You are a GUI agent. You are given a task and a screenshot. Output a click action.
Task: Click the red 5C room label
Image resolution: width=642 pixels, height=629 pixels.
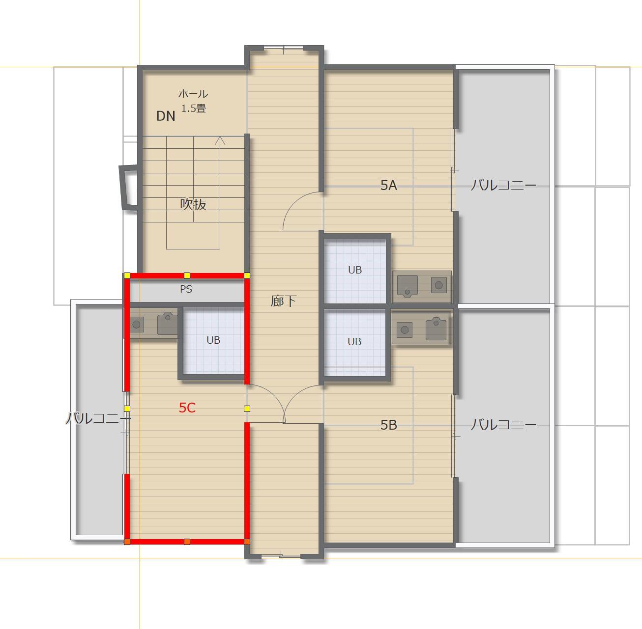tap(187, 408)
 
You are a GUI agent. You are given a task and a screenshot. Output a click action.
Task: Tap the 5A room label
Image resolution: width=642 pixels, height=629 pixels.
tap(389, 186)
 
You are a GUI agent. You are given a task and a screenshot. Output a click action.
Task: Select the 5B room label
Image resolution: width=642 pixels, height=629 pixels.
tap(389, 425)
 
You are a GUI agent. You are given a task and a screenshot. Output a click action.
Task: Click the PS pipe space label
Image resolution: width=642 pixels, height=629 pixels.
tap(186, 289)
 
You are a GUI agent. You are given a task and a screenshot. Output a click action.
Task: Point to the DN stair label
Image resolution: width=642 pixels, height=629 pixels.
tap(166, 116)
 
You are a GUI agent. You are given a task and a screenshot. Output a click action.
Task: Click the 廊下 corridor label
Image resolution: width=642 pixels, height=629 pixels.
tap(283, 301)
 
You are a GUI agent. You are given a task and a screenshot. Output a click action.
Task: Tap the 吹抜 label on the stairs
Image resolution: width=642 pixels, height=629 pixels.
tap(193, 204)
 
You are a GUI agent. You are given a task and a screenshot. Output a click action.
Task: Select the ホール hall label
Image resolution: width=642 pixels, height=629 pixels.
tap(193, 94)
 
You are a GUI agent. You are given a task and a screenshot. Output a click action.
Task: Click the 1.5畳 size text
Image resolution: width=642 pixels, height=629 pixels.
tap(194, 108)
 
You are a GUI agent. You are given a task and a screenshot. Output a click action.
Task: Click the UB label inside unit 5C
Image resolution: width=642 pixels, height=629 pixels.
tap(213, 340)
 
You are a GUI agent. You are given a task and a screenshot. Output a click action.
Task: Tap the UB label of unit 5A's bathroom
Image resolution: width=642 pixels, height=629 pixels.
tap(355, 270)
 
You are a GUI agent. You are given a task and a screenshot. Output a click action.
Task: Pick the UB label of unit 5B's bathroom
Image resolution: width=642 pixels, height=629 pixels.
tap(354, 341)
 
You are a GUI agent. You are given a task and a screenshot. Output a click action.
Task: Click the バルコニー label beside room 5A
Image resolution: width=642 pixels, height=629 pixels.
tap(503, 185)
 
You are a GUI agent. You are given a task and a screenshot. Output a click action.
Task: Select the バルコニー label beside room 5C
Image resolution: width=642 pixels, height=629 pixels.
tap(99, 418)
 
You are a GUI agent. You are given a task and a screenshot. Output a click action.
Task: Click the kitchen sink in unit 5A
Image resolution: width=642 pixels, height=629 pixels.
tap(408, 286)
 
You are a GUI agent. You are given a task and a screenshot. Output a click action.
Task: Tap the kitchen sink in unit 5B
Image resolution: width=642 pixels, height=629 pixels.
tap(436, 329)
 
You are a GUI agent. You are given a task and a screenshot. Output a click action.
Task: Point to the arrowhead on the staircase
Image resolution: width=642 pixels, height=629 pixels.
tap(220, 140)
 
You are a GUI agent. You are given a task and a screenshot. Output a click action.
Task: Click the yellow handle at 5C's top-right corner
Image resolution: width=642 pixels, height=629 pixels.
tap(247, 275)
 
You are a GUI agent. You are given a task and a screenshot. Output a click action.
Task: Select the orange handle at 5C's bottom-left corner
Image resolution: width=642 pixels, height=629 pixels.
tap(127, 542)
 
